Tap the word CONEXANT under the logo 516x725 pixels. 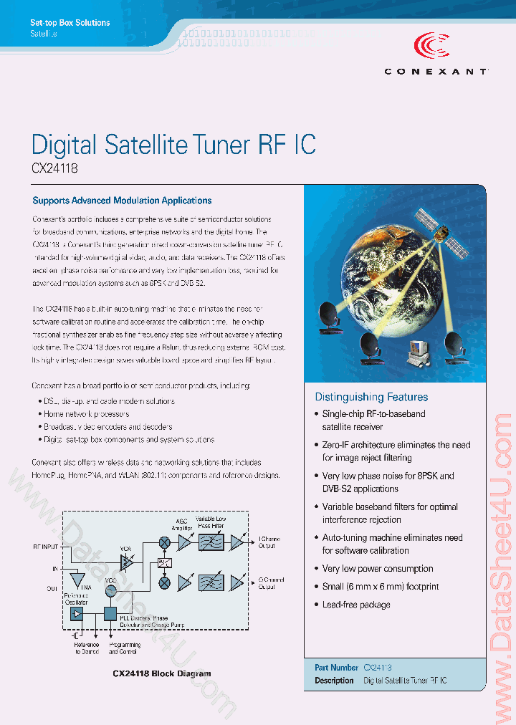pyautogui.click(x=436, y=72)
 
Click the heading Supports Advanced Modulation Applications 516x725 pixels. pyautogui.click(x=122, y=201)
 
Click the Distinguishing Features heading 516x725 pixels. pyautogui.click(x=371, y=397)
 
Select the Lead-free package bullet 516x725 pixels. pyautogui.click(x=355, y=605)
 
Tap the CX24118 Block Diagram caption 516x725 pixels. pyautogui.click(x=162, y=673)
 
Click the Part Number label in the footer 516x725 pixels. pyautogui.click(x=336, y=667)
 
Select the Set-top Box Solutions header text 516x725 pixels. pyautogui.click(x=70, y=23)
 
